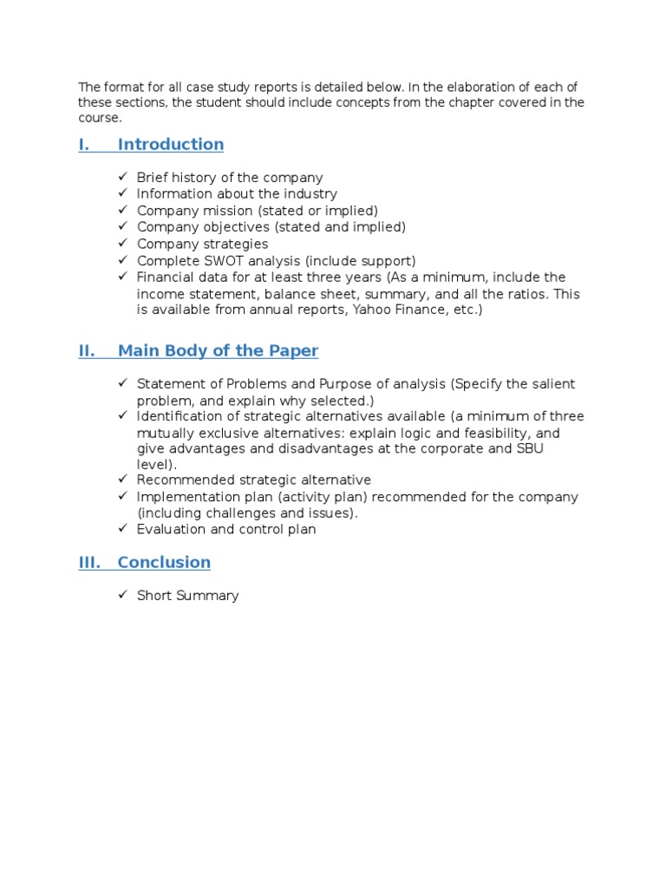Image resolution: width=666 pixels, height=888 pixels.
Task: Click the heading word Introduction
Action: pyautogui.click(x=171, y=145)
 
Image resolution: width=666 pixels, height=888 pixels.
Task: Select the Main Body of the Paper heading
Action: pyautogui.click(x=218, y=351)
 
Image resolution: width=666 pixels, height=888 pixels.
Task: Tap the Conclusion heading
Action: pyautogui.click(x=164, y=563)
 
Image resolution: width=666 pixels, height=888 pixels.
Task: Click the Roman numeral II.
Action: pyautogui.click(x=86, y=351)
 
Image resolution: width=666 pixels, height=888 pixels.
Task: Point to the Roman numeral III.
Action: pyautogui.click(x=89, y=563)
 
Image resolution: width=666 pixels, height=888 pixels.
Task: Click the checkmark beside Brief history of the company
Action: pyautogui.click(x=123, y=178)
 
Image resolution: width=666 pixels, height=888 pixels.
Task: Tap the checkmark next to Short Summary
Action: pyautogui.click(x=123, y=596)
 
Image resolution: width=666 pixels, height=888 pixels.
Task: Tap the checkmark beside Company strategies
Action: pyautogui.click(x=123, y=245)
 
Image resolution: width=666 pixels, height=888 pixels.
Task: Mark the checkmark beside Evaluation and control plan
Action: pyautogui.click(x=123, y=530)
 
